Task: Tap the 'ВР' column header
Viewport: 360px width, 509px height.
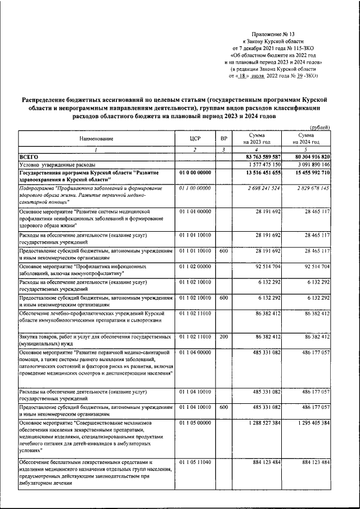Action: pyautogui.click(x=224, y=138)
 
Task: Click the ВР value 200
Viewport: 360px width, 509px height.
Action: pyautogui.click(x=224, y=336)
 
